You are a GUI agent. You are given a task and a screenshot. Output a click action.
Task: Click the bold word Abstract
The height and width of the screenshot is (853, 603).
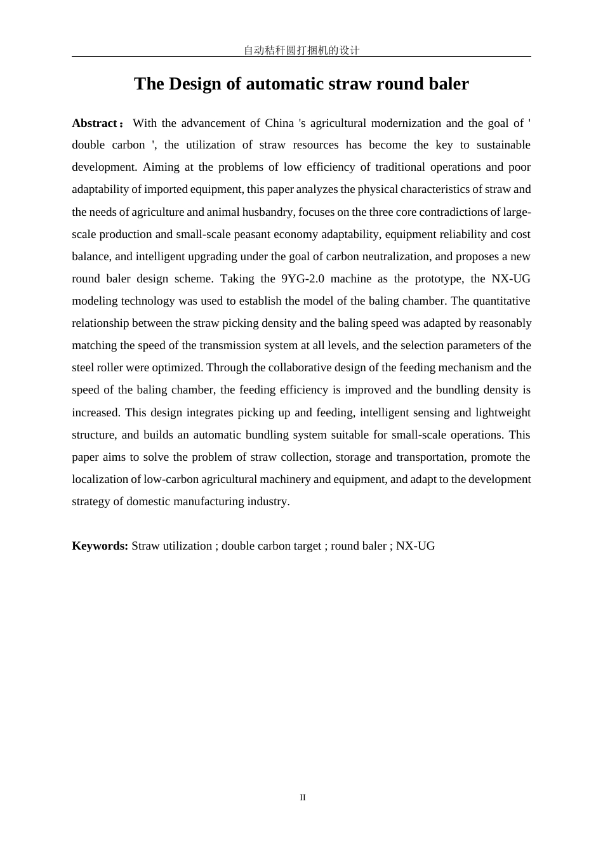(95, 123)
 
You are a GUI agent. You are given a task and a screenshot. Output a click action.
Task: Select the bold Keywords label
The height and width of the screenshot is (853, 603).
(100, 546)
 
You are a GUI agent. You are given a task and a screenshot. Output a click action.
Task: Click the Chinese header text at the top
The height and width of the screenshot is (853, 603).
(301, 50)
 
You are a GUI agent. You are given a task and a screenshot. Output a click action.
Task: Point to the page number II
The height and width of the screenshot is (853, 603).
(303, 798)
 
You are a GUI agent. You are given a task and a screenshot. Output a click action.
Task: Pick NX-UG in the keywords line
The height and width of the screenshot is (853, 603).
(416, 546)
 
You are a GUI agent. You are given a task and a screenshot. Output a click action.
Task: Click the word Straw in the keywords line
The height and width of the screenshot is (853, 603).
(145, 546)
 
